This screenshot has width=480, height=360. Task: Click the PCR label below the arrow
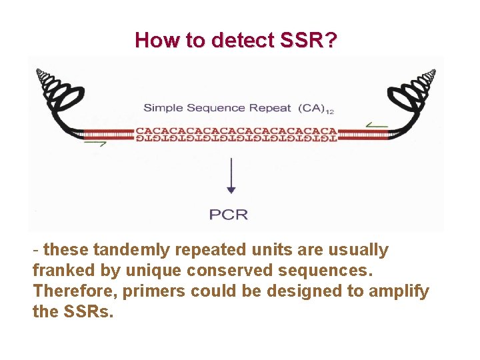pos(229,214)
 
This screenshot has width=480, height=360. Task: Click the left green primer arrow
pos(95,143)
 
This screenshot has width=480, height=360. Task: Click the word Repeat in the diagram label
pos(269,108)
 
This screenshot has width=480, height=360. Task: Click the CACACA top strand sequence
pos(236,130)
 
